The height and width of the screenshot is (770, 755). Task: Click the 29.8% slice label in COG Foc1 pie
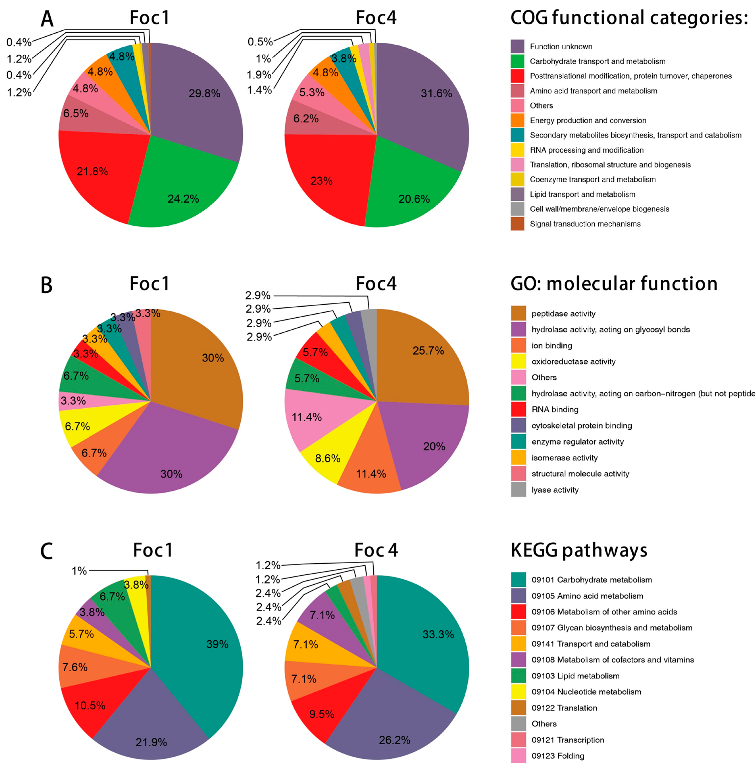point(204,94)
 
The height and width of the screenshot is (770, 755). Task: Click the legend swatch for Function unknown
point(518,46)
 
